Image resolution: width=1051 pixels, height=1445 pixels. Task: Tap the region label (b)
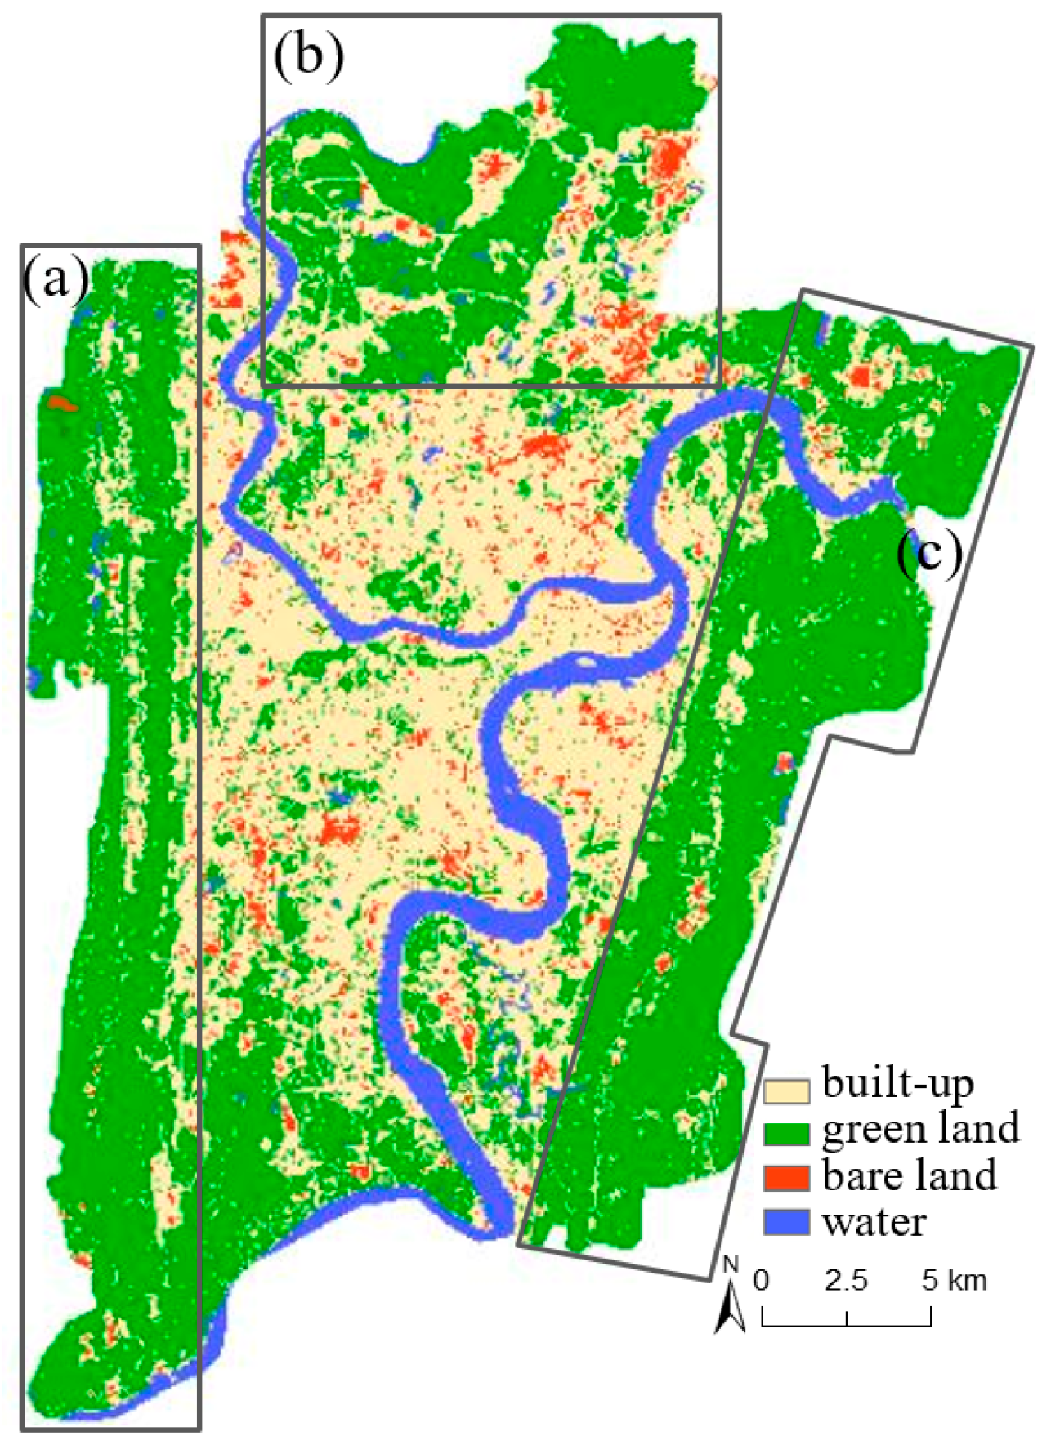(309, 57)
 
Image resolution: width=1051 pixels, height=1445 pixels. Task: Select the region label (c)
(929, 555)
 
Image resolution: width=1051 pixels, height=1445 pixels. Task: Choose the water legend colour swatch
(786, 1222)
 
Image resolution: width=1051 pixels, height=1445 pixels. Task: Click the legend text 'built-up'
(898, 1084)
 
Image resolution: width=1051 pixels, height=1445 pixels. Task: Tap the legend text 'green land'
(921, 1130)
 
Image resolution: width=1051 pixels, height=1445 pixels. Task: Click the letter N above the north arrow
(731, 1266)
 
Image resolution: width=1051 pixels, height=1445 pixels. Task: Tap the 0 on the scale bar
(762, 1280)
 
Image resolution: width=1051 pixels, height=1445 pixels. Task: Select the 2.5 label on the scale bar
(845, 1280)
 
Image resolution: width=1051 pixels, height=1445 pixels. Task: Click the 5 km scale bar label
(954, 1280)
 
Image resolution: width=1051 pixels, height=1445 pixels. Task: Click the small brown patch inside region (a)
(59, 403)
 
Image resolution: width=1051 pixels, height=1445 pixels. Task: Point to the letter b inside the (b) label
(309, 56)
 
